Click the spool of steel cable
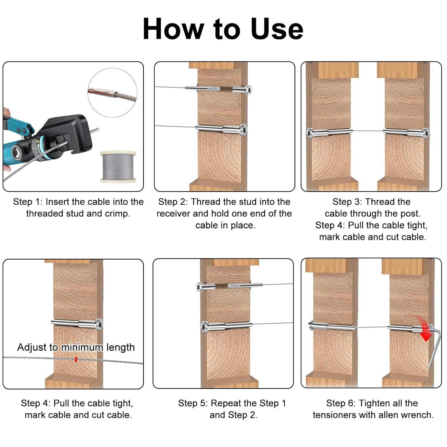point(118,166)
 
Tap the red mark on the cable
point(76,359)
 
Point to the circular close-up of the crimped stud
point(112,92)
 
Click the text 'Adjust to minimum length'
point(76,347)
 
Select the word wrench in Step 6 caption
point(417,415)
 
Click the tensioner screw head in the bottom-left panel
point(99,324)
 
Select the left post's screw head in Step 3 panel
point(310,133)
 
